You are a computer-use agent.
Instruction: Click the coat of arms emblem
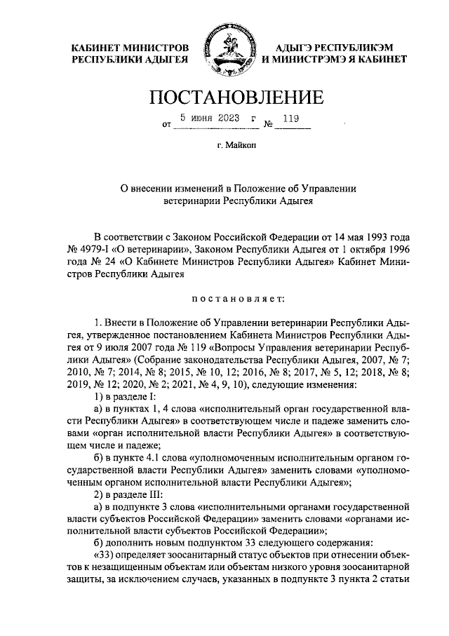[x=224, y=53]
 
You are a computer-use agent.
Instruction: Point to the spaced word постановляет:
[x=235, y=298]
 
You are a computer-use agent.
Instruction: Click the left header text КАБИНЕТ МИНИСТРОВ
[x=130, y=47]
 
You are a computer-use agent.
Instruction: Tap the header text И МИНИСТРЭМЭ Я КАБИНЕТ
[x=333, y=61]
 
